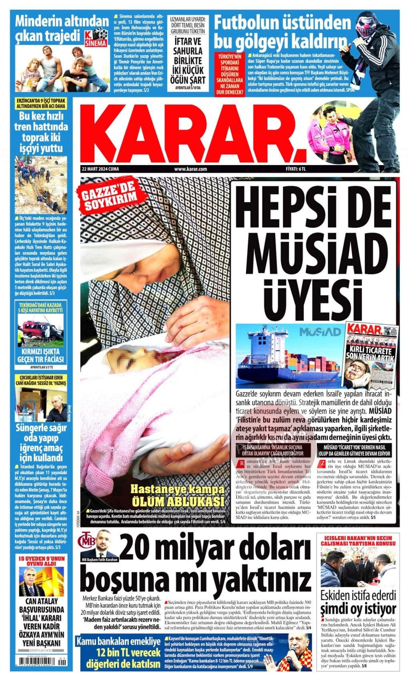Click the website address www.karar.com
coord(190,169)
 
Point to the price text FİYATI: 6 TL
coord(296,169)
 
